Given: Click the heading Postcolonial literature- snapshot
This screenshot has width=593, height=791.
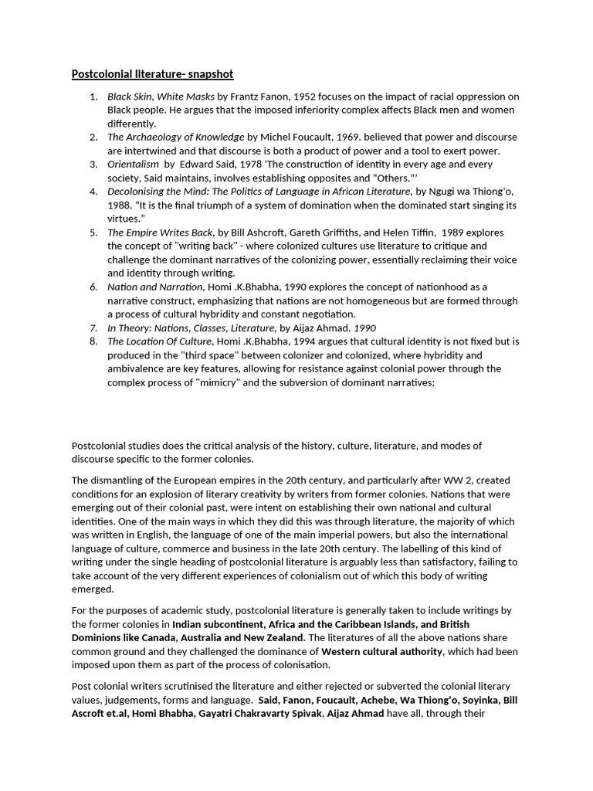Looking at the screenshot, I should pos(152,74).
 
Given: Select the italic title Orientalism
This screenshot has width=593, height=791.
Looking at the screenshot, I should pos(133,165).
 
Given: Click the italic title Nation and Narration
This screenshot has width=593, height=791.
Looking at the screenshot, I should pos(152,287).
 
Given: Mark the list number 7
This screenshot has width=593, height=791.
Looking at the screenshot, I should pos(93,328).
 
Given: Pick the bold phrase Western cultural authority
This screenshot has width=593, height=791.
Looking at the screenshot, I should pos(381,651).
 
